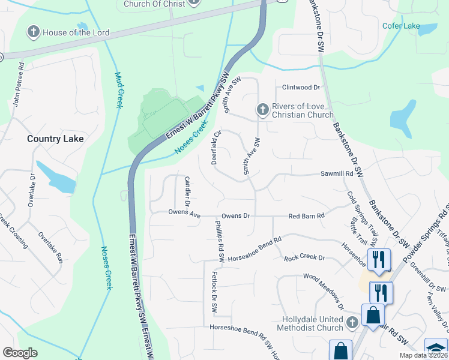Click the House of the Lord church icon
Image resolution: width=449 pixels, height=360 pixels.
tap(34, 31)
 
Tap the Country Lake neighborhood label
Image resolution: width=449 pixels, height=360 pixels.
tap(55, 139)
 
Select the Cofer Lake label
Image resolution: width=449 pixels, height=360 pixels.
tap(401, 26)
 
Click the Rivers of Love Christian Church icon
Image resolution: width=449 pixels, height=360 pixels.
tap(262, 110)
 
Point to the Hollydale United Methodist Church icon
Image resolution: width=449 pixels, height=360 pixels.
tap(352, 323)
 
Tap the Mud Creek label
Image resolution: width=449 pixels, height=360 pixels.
tap(118, 90)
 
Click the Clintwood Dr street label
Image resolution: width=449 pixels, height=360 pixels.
tap(301, 88)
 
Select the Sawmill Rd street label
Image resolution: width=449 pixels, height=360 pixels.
tap(336, 174)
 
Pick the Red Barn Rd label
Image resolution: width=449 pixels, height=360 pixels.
tap(306, 215)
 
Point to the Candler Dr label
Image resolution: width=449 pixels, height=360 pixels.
tap(187, 189)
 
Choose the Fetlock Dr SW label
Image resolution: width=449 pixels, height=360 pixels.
tap(214, 292)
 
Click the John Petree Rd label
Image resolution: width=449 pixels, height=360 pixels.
tap(17, 84)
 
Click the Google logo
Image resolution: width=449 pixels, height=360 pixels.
tap(20, 353)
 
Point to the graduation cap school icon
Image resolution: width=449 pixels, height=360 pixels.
tap(437, 349)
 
